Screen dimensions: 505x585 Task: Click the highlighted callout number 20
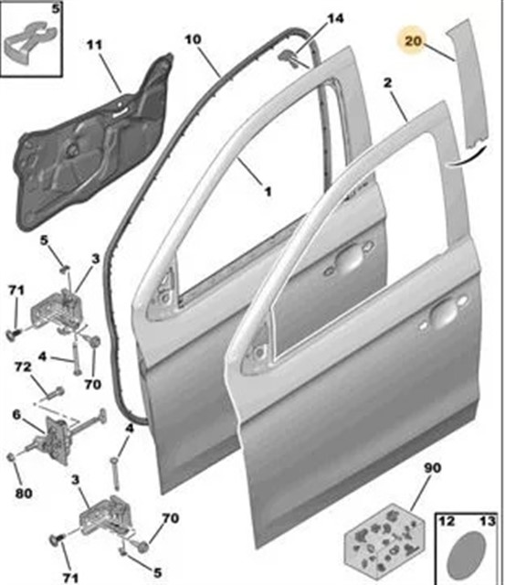pyautogui.click(x=412, y=40)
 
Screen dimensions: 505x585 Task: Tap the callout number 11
pyautogui.click(x=95, y=45)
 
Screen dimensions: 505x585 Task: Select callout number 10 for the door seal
pyautogui.click(x=193, y=39)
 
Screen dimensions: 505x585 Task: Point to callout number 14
pyautogui.click(x=335, y=18)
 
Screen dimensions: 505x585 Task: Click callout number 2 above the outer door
pyautogui.click(x=387, y=82)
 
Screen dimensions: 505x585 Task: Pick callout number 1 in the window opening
pyautogui.click(x=268, y=192)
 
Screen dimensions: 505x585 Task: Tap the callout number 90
pyautogui.click(x=432, y=468)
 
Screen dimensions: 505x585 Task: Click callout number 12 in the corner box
pyautogui.click(x=447, y=521)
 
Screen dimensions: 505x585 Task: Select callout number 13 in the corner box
pyautogui.click(x=487, y=521)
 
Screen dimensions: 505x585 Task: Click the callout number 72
pyautogui.click(x=23, y=367)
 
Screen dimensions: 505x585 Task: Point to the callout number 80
pyautogui.click(x=24, y=494)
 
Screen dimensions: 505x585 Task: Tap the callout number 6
pyautogui.click(x=16, y=415)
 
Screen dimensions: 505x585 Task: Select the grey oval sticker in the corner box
pyautogui.click(x=465, y=555)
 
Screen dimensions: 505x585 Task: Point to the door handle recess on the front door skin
pyautogui.click(x=444, y=313)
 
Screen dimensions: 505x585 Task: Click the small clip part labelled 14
pyautogui.click(x=289, y=58)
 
